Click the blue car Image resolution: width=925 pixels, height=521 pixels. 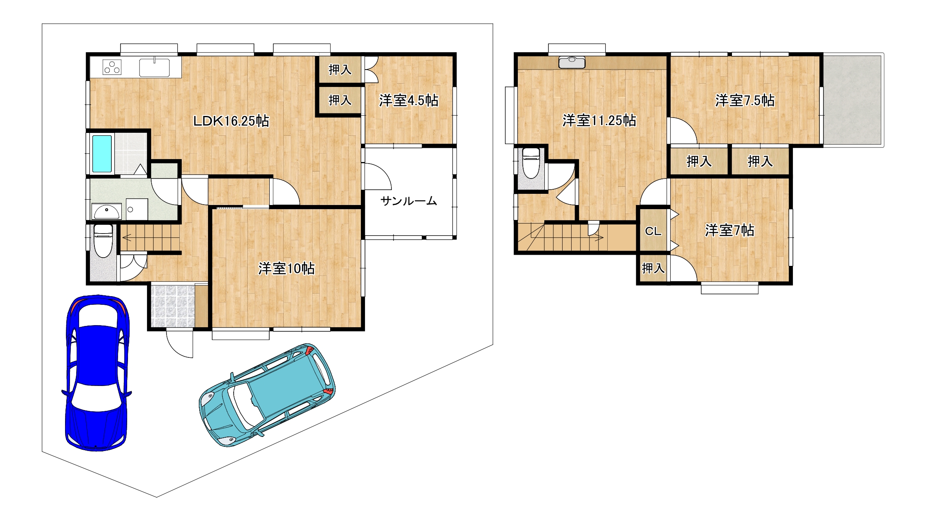[x=97, y=373]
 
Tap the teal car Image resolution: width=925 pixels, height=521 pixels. [x=267, y=395]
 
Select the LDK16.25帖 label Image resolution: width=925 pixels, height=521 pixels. [x=232, y=121]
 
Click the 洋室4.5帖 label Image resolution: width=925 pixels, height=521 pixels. [x=409, y=100]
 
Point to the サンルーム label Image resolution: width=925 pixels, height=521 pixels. [x=409, y=201]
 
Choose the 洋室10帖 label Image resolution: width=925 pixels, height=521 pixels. [x=287, y=268]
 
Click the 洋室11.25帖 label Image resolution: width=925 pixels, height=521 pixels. [x=599, y=120]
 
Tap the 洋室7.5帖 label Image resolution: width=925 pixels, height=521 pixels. [x=745, y=100]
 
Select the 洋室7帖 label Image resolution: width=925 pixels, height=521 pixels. [x=730, y=230]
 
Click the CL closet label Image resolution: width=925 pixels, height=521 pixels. [x=653, y=231]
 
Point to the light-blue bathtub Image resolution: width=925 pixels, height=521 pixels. [x=102, y=154]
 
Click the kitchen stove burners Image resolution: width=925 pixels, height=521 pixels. [x=112, y=67]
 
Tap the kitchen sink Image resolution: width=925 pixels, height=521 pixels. [x=155, y=68]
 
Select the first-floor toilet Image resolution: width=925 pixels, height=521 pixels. [x=103, y=241]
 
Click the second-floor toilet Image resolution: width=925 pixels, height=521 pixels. [x=531, y=163]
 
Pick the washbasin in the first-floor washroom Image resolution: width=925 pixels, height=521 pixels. [x=107, y=211]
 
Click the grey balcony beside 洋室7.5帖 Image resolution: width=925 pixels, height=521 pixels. [x=853, y=100]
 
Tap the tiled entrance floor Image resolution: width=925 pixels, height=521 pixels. [x=173, y=306]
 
